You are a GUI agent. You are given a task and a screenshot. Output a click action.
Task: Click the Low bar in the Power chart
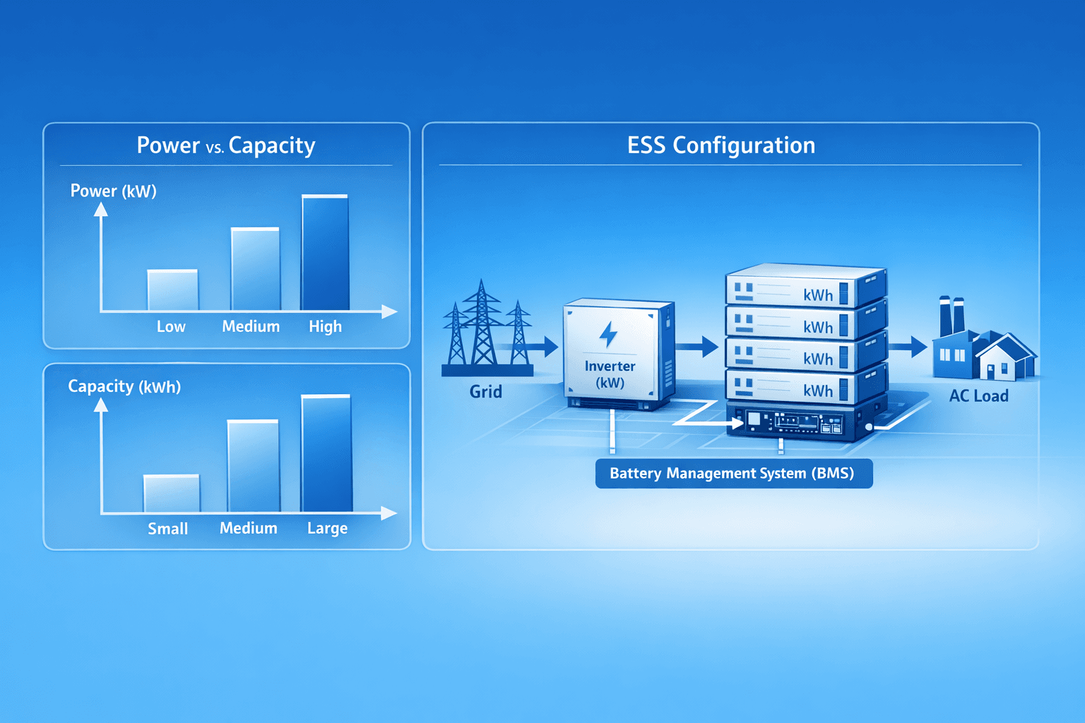(172, 290)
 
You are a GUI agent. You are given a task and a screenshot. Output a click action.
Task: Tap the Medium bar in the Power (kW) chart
(255, 269)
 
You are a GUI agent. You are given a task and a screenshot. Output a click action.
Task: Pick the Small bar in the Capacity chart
(172, 494)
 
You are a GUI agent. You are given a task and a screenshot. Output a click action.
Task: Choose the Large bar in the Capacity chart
(326, 453)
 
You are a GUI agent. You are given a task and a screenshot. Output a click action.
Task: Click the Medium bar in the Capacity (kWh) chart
(253, 466)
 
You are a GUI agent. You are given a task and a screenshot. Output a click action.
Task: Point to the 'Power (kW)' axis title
(113, 191)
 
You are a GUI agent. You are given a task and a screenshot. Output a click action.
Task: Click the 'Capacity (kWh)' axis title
(124, 387)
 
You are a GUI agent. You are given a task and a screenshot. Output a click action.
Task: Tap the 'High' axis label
(325, 327)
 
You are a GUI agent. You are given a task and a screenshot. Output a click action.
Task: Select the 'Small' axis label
(167, 529)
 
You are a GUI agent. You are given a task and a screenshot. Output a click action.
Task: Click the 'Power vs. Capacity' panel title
(225, 145)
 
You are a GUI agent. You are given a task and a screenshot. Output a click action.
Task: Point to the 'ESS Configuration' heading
(721, 145)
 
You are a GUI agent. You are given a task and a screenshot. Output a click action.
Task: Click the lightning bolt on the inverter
(608, 334)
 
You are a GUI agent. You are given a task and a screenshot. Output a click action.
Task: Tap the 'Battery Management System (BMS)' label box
(733, 473)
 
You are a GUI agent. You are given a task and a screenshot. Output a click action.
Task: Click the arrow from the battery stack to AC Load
(908, 347)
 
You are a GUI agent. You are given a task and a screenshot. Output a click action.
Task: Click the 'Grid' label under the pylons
(486, 392)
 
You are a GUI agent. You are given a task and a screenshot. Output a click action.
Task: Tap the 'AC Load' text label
(978, 396)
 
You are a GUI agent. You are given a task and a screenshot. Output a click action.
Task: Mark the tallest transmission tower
(482, 325)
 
